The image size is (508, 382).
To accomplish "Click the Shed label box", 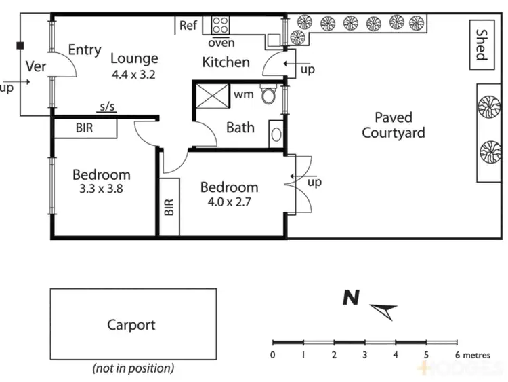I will [x=480, y=44].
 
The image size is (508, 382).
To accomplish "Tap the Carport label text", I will [x=131, y=325].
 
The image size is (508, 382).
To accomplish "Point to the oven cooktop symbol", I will [x=221, y=26].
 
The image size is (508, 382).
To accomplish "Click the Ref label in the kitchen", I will [x=188, y=26].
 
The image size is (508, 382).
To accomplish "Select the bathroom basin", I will [x=276, y=133].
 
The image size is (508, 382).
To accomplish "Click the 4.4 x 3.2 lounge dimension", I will [x=134, y=75].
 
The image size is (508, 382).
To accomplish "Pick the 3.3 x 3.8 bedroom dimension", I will [x=101, y=190].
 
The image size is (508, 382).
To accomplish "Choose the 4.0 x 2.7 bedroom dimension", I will [x=228, y=202].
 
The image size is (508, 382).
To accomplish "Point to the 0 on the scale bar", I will [x=272, y=355].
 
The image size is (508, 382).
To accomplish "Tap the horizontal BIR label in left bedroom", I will [x=85, y=128].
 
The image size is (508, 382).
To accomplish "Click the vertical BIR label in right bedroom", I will [x=169, y=207].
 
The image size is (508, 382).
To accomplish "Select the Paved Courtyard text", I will [x=393, y=126].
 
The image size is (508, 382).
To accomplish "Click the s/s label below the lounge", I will [x=106, y=107].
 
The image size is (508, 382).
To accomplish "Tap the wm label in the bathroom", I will [x=244, y=94].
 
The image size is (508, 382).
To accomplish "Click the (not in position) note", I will [x=133, y=368].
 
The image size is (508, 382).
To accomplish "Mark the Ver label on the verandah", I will [x=35, y=66].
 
